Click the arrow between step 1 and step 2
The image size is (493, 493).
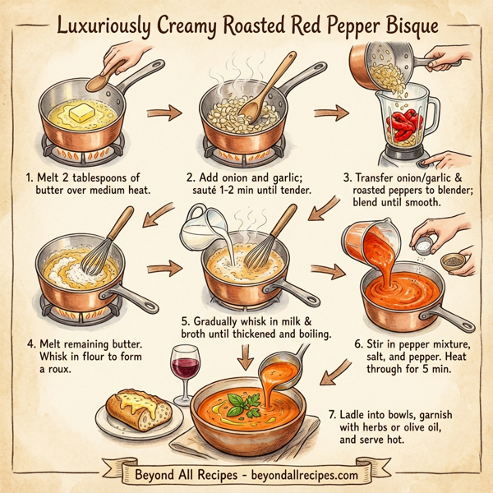click(x=168, y=113)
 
